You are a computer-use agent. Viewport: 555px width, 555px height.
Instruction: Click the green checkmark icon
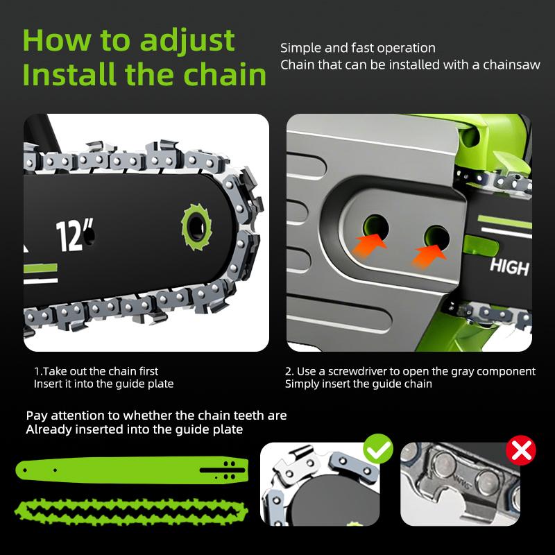pyautogui.click(x=378, y=450)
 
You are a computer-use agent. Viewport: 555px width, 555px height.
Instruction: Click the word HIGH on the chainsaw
pyautogui.click(x=509, y=266)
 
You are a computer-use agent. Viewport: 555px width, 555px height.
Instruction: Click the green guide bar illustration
pyautogui.click(x=132, y=470)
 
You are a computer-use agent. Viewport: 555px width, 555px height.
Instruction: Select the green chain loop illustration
pyautogui.click(x=132, y=506)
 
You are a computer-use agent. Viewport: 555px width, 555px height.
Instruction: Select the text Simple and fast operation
pyautogui.click(x=358, y=48)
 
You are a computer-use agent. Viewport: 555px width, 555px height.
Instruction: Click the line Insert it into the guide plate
pyautogui.click(x=103, y=384)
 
